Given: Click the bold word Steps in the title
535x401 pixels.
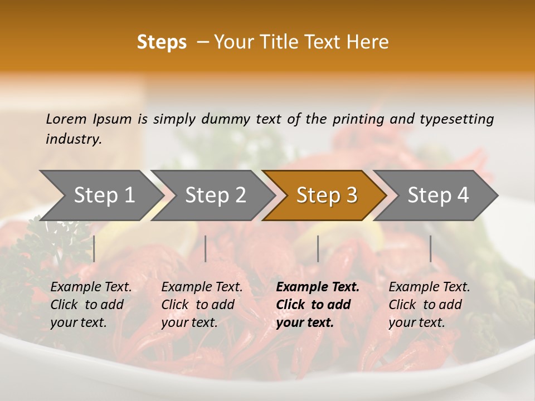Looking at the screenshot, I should pos(162,42).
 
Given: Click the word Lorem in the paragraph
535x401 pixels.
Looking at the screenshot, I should pos(66,119).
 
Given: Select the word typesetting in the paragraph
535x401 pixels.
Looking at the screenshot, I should pos(456,119).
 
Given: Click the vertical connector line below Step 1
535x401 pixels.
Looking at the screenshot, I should pos(94,248).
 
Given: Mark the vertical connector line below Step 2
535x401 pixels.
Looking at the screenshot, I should pos(206,248).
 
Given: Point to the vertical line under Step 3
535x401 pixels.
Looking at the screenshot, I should pos(318,248).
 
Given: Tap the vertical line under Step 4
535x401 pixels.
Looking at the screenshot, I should pos(430,248).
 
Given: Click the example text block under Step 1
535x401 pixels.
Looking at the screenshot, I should pos(91,305).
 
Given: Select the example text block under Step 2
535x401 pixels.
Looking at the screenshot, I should pos(202,305).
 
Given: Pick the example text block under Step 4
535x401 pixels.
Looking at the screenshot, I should pos(429,305).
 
